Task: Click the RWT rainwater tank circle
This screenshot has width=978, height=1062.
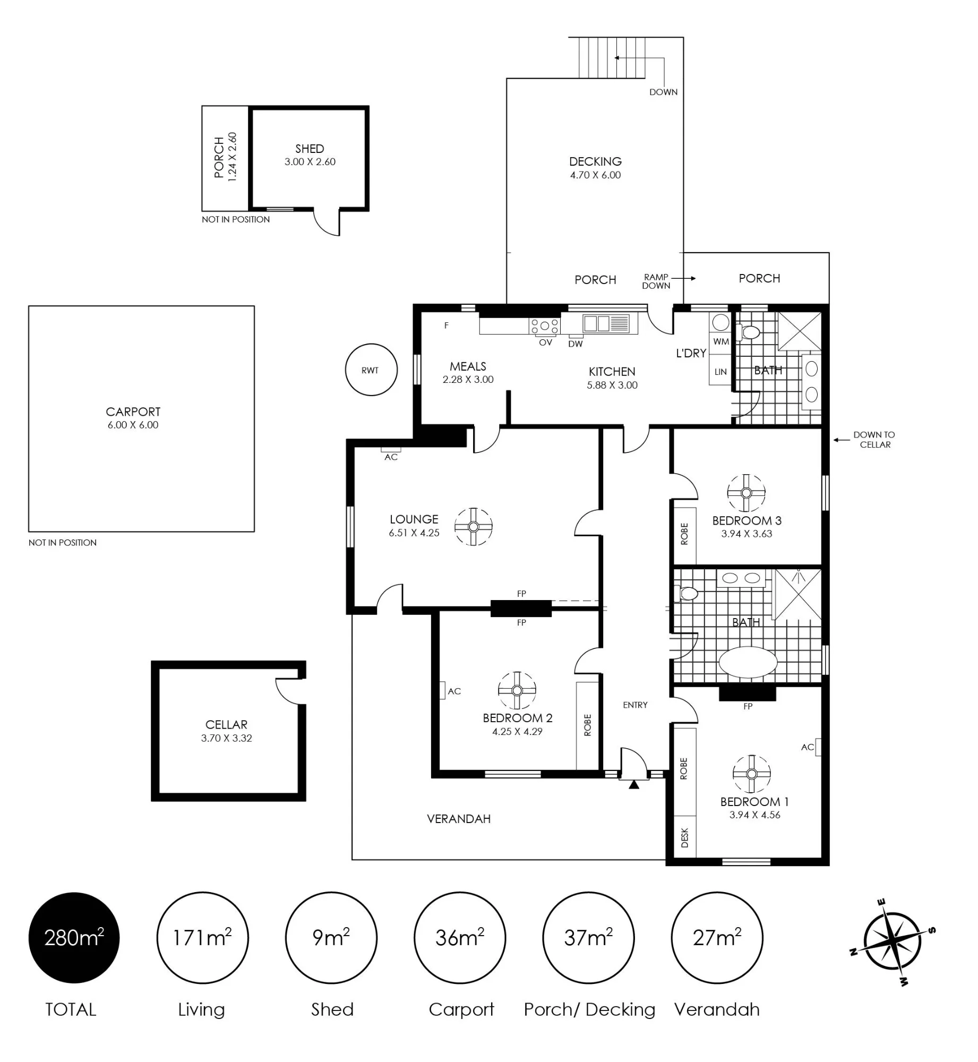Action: (x=371, y=370)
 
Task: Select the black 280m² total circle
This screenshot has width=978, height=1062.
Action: (x=74, y=938)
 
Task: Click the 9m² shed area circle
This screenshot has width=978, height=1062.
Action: (x=331, y=938)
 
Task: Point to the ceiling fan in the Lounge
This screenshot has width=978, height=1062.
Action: (x=474, y=527)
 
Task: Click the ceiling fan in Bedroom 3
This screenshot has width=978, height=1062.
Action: (x=747, y=493)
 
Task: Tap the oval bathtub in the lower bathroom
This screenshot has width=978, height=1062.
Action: (x=748, y=662)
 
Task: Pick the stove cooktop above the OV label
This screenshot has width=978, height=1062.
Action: (x=545, y=326)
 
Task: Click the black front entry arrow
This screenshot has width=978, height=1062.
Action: (x=633, y=784)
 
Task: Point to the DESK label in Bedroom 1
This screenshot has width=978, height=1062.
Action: (x=684, y=837)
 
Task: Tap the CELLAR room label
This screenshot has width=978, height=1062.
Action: (x=226, y=724)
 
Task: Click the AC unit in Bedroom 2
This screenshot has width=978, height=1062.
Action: (x=442, y=690)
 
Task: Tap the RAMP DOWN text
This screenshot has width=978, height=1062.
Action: (x=656, y=281)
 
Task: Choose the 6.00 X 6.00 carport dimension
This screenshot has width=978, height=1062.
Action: (x=133, y=425)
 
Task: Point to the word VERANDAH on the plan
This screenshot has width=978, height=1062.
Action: (x=459, y=819)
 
